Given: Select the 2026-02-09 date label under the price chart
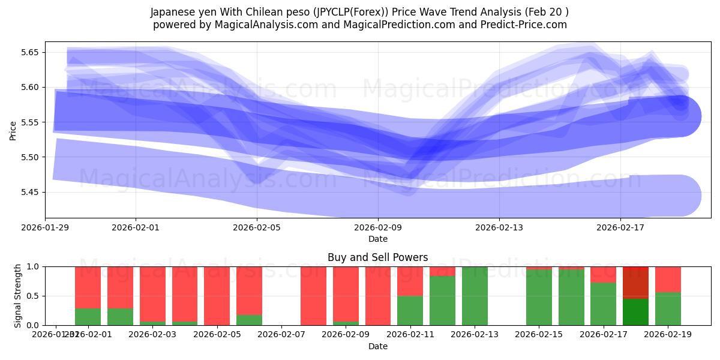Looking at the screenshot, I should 378,228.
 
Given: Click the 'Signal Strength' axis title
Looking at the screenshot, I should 17,295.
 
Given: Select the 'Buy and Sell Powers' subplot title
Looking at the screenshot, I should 378,257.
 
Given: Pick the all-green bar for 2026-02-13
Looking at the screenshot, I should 475,296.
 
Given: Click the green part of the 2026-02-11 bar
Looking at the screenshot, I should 410,310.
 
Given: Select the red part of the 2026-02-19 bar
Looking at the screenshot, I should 668,279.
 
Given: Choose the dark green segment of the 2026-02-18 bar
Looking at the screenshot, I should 635,312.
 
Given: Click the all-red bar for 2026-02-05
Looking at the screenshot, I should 217,296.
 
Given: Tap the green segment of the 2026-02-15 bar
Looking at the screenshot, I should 539,298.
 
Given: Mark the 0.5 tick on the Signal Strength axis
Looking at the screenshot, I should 33,296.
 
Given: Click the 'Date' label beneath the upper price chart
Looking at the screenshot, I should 378,239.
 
